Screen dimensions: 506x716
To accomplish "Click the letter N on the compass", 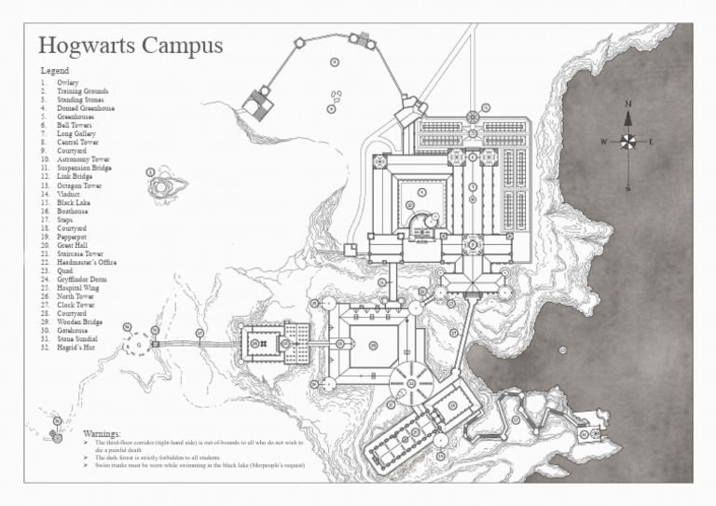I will [628, 103].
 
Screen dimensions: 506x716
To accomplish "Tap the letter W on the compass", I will [604, 142].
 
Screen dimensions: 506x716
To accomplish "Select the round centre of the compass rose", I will [628, 142].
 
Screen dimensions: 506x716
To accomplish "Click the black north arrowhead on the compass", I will [628, 117].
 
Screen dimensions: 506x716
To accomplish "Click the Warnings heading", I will [102, 434].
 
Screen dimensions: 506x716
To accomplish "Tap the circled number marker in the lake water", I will [563, 349].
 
